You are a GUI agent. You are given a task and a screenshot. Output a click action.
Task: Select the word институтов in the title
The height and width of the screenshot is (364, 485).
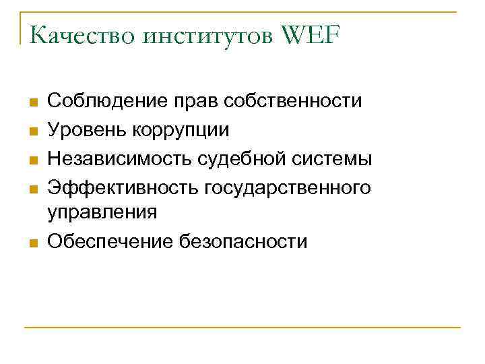[205, 35]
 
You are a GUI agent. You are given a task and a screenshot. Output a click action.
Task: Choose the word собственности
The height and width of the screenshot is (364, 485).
[295, 102]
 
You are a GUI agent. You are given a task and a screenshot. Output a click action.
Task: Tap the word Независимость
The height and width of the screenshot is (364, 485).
[120, 158]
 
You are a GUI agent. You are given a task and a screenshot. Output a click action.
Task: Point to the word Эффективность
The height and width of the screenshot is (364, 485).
[119, 187]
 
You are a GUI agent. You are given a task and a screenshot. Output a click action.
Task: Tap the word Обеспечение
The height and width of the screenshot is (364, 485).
[109, 241]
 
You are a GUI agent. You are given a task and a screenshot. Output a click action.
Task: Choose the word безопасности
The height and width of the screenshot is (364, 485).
[243, 241]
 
